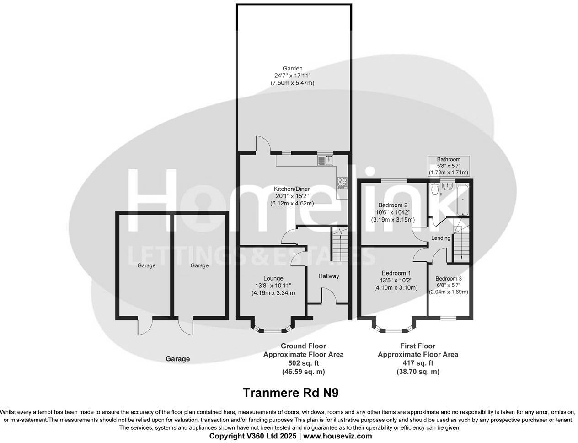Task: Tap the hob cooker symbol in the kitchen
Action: (x=342, y=183)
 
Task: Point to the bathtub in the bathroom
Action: (x=463, y=200)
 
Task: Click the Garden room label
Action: (x=292, y=69)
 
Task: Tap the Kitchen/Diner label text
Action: (x=292, y=189)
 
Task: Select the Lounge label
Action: (x=273, y=278)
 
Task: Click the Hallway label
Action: (x=329, y=276)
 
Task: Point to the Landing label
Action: (x=440, y=238)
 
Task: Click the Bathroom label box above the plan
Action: (x=448, y=166)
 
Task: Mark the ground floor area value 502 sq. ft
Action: (x=303, y=363)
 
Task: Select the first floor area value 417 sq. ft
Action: (x=417, y=363)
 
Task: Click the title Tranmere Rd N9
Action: (x=291, y=393)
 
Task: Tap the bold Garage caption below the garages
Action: (x=177, y=359)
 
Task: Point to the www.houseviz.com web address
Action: (x=337, y=436)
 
